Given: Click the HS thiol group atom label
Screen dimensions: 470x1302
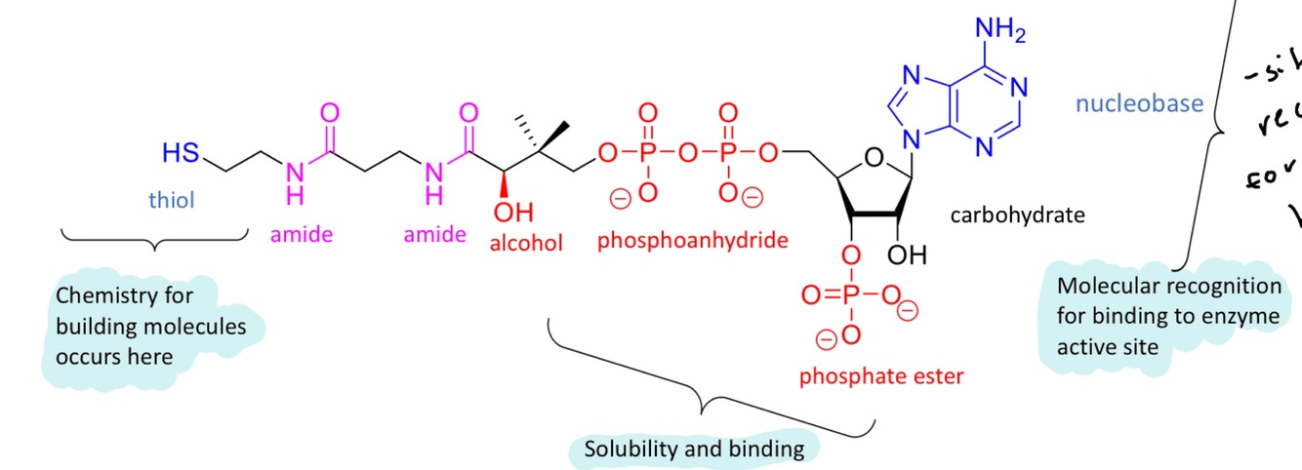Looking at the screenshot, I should pos(180,153).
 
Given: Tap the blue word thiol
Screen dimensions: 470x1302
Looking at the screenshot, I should pos(172,201).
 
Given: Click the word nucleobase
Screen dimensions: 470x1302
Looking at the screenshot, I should pos(1139,102).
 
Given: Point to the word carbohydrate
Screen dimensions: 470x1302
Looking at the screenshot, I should pos(1017,215).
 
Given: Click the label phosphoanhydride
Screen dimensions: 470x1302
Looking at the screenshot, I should pos(693,240).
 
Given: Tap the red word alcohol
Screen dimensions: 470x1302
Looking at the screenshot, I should pos(527,243).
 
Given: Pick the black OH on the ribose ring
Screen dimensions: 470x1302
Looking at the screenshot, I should pos(907,256).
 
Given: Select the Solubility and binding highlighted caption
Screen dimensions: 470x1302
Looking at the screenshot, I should pos(694,450).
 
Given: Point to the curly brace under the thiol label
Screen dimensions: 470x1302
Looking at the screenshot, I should pos(153,240).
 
